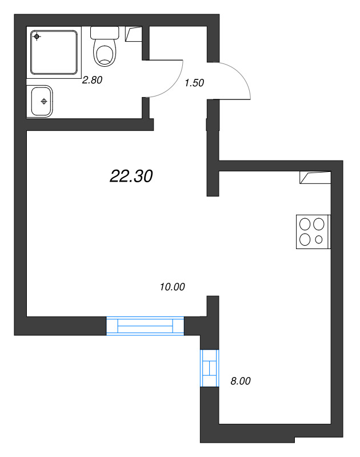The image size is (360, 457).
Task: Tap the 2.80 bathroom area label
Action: [x=92, y=81]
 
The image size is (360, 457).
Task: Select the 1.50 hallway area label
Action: [x=194, y=82]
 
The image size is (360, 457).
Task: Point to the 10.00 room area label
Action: [x=173, y=287]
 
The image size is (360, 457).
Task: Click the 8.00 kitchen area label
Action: [x=240, y=381]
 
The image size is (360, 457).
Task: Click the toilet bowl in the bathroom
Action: [x=105, y=54]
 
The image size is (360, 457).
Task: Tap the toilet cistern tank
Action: [x=105, y=33]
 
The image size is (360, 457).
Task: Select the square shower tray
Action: [x=54, y=52]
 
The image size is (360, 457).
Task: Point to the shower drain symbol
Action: [x=37, y=37]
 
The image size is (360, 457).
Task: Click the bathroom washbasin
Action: [x=40, y=101]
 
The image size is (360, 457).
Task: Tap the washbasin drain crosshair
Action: [x=43, y=102]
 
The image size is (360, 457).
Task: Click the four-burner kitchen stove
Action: [x=313, y=231]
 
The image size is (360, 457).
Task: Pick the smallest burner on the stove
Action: [x=319, y=239]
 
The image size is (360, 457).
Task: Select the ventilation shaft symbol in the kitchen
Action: [x=314, y=178]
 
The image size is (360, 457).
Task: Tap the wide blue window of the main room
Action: [x=145, y=326]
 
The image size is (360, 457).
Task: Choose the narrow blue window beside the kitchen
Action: [x=209, y=368]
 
